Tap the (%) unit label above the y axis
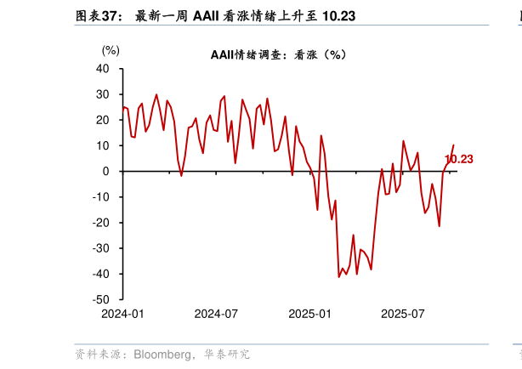(x=111, y=50)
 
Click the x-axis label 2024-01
(x=123, y=313)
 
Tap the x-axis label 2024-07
(x=216, y=313)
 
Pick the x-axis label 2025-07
(x=403, y=313)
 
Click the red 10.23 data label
(x=459, y=159)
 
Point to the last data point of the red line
(x=453, y=145)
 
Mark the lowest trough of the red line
(x=339, y=276)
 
